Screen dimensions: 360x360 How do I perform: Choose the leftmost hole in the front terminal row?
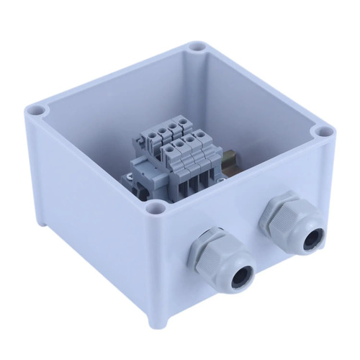coord(171,148)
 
